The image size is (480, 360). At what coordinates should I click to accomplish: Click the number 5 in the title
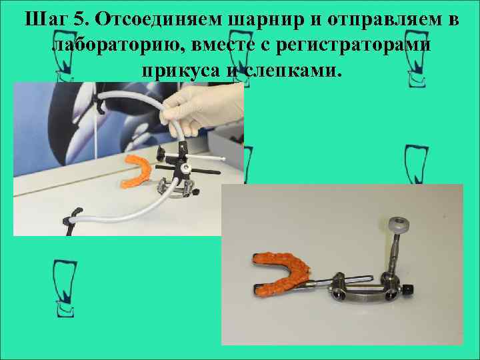pyautogui.click(x=81, y=20)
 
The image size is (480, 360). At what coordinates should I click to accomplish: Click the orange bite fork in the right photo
pyautogui.click(x=279, y=269)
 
